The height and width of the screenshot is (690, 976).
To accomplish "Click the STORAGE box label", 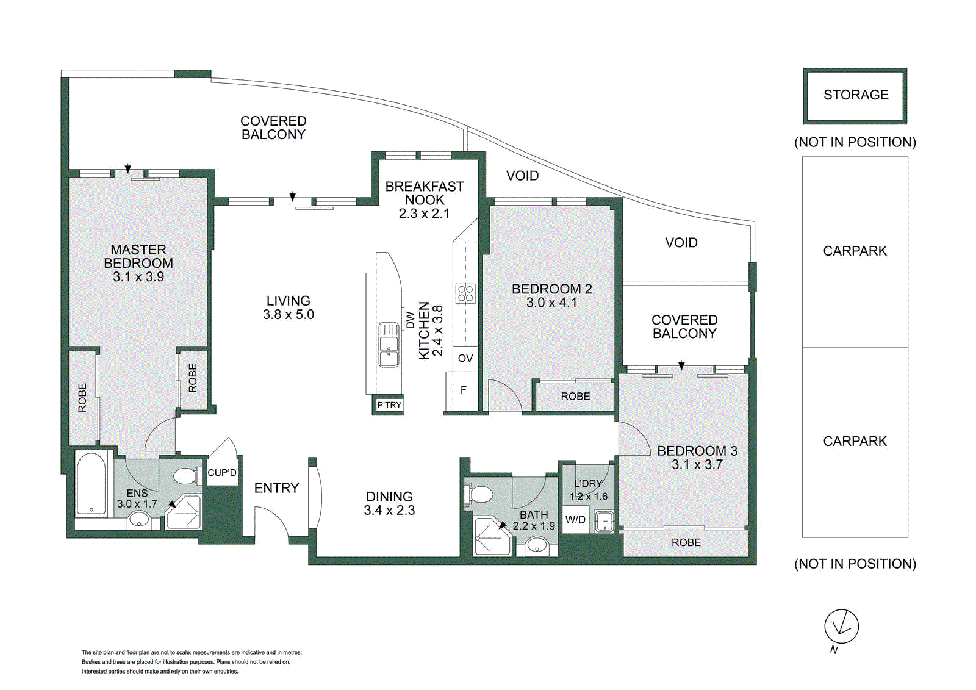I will [855, 95].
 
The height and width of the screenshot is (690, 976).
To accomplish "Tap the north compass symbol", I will [841, 627].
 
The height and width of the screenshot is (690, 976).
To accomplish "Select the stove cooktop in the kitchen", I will [465, 293].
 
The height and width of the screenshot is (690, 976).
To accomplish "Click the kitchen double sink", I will [389, 345].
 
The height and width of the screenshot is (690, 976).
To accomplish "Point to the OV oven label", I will [465, 358].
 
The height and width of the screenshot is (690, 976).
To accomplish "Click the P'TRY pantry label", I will [389, 405].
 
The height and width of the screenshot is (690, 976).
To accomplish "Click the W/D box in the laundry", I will [575, 520].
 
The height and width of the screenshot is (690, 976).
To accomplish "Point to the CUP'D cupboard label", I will [222, 473].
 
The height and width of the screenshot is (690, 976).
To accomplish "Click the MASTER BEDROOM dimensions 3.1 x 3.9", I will [138, 277].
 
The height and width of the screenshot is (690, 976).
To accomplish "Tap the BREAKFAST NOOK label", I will [425, 193].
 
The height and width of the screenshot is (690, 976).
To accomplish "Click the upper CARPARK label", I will [855, 251].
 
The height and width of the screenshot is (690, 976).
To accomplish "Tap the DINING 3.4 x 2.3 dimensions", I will [389, 511].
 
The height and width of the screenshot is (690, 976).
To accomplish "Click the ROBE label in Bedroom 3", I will [686, 542].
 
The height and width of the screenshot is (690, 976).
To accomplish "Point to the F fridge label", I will [464, 390].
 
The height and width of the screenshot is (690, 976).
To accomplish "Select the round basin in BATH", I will [537, 545].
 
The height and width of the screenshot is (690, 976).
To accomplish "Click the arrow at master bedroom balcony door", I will [128, 169].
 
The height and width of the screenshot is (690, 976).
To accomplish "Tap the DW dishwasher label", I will [410, 320].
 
